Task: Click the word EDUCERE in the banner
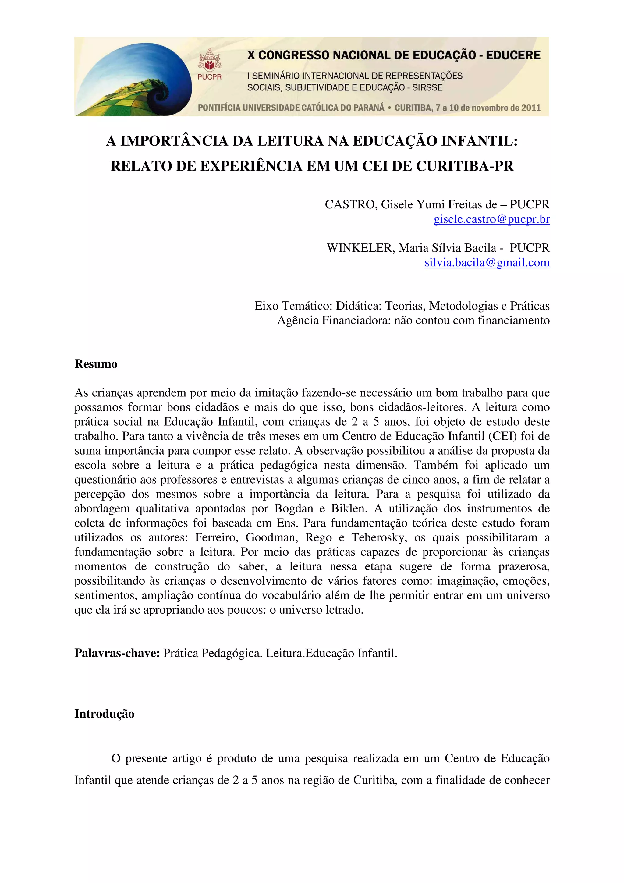513,55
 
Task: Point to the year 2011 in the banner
530,108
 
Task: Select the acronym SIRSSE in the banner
427,88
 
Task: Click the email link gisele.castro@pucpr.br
491,219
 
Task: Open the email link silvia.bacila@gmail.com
487,263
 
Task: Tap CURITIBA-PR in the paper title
465,166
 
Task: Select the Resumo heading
96,364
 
